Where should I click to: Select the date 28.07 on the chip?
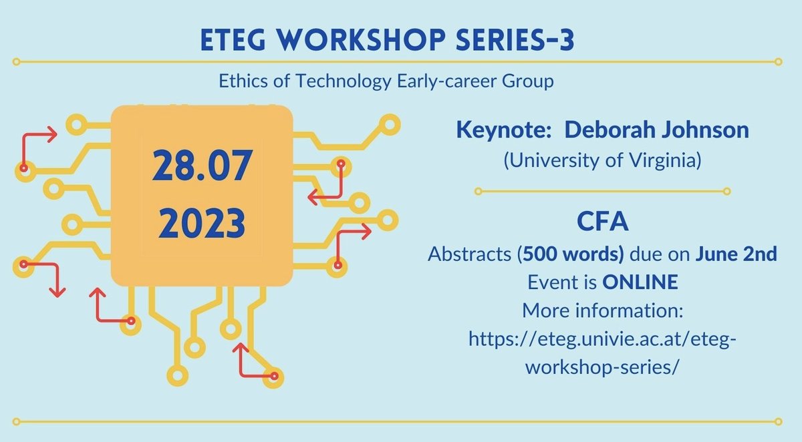(201, 167)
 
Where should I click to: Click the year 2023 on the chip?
(201, 224)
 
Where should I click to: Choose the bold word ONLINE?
(640, 282)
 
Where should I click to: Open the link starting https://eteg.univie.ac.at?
(602, 340)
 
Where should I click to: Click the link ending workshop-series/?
(602, 368)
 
